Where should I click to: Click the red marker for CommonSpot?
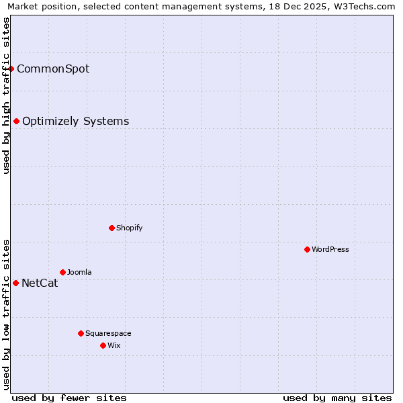(11, 69)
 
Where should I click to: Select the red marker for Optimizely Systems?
(17, 121)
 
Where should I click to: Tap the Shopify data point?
(111, 228)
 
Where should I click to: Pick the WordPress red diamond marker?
(307, 249)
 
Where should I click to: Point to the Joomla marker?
(62, 272)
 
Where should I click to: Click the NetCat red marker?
(15, 283)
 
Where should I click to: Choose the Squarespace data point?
(81, 333)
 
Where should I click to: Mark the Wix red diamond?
(103, 345)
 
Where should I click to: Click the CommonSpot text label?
(53, 69)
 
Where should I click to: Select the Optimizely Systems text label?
(75, 122)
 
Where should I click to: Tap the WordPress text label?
(330, 249)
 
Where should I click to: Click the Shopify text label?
(130, 228)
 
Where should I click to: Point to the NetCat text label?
(40, 283)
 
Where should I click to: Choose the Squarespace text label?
(108, 333)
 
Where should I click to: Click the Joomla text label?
(79, 272)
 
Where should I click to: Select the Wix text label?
(114, 345)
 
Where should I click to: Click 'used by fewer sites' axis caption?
(69, 398)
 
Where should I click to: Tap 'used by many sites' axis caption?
(337, 398)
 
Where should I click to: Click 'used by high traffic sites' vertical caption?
(6, 95)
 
